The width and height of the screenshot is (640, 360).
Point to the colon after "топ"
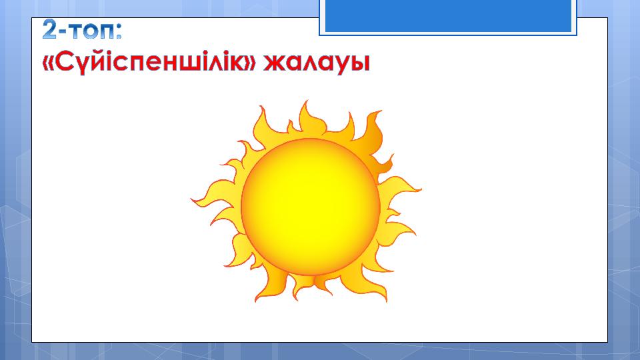[119, 32]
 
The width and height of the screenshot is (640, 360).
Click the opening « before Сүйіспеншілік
[49, 64]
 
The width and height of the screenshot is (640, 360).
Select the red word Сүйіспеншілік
[149, 63]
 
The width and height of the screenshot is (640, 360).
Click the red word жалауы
[316, 64]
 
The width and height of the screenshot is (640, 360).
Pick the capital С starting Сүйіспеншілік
[64, 62]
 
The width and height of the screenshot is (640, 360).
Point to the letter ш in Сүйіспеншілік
[194, 64]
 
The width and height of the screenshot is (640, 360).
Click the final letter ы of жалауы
[361, 64]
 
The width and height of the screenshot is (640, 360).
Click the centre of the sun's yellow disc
[310, 207]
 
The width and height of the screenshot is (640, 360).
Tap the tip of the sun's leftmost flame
[191, 199]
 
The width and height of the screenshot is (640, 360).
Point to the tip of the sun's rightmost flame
[421, 189]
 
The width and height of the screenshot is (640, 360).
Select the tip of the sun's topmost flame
[306, 101]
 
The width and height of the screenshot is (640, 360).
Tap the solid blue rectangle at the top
[448, 15]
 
